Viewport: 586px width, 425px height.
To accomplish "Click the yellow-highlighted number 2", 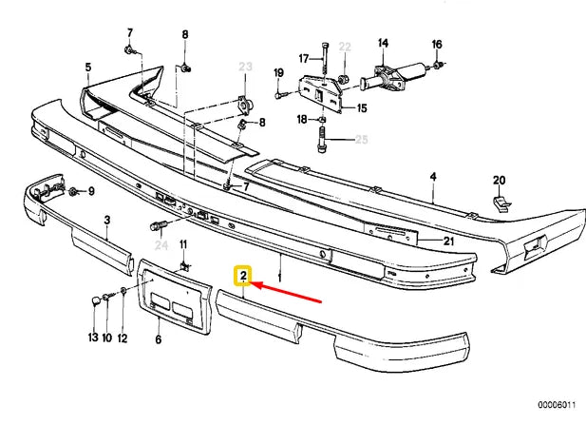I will coord(244,278).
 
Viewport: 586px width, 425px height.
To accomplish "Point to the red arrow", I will coord(290,290).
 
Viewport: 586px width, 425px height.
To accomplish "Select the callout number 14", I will coord(384,43).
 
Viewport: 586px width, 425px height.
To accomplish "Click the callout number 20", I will coord(499,180).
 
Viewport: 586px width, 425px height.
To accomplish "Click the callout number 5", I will coord(88,67).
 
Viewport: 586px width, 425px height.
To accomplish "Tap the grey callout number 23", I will coord(246,67).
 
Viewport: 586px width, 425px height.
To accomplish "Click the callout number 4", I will coord(432,177).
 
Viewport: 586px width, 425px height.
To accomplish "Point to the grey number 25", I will coord(361,140).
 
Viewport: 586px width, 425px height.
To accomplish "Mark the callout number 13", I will coord(93,338).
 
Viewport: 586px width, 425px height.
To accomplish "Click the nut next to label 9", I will coord(72,192).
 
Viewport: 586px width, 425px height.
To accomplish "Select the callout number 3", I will coord(107,220).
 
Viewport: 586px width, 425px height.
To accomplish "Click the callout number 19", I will coord(278,73).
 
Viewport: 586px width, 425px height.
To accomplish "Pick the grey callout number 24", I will coord(161,245).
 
